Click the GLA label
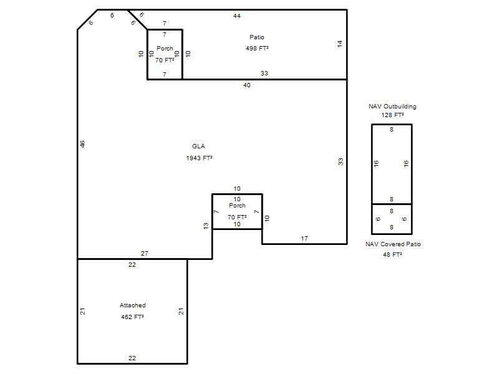coord(198,146)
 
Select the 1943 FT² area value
coord(199,158)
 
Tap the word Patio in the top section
coord(257,37)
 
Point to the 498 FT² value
coord(257,49)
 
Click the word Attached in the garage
coord(133,305)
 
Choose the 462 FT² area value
coord(132,317)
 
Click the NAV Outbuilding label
coord(392,106)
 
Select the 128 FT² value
coord(393,115)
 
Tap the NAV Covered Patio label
coord(393,244)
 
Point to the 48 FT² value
coord(393,255)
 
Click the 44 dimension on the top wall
coord(237,16)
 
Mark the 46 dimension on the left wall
coord(82,144)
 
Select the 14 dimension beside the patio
coord(340,44)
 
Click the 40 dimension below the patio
coord(247,85)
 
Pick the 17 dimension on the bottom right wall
coord(304,239)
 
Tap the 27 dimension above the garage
coord(145,254)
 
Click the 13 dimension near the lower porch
coord(206,226)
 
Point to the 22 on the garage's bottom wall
coord(132,358)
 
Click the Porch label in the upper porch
coord(165,49)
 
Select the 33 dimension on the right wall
coord(341,161)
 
